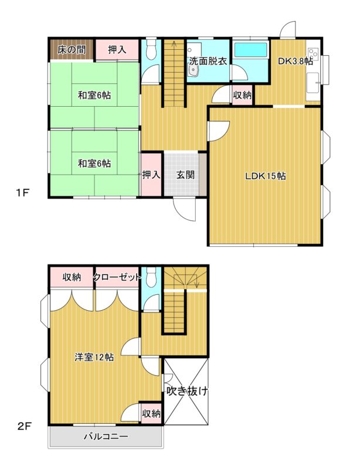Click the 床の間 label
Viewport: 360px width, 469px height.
point(72,50)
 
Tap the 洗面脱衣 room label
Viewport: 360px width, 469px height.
point(208,62)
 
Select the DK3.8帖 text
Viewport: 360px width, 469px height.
point(296,61)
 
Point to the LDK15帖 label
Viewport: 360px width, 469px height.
point(266,176)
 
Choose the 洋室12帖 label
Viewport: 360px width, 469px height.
point(94,357)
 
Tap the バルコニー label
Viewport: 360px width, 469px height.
point(106,436)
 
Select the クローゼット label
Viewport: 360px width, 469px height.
point(117,277)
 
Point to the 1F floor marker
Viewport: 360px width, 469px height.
point(22,193)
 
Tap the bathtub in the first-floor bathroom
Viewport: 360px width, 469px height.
point(251,50)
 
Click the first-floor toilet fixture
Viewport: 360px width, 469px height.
point(151,49)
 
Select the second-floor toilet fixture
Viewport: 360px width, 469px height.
point(151,277)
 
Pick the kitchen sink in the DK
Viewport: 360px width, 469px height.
point(313,83)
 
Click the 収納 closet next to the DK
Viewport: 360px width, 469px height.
point(242,95)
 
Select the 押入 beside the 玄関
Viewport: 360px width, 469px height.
point(151,175)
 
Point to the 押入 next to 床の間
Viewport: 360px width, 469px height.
point(117,50)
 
